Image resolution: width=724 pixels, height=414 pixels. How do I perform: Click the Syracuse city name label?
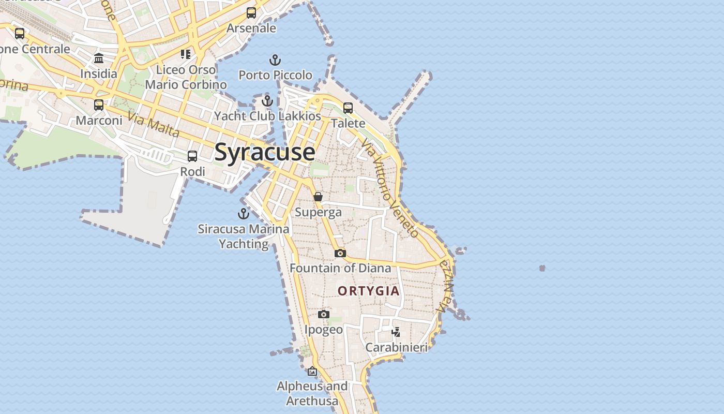pyautogui.click(x=264, y=152)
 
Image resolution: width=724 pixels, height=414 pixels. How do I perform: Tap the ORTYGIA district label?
pyautogui.click(x=369, y=291)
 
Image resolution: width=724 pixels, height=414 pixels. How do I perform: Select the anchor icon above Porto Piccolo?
pyautogui.click(x=275, y=60)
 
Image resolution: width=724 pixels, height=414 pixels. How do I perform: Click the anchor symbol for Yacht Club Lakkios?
pyautogui.click(x=267, y=101)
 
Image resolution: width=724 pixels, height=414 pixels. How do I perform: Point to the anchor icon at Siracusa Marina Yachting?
pyautogui.click(x=244, y=213)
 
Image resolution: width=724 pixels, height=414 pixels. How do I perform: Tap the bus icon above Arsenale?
pyautogui.click(x=251, y=13)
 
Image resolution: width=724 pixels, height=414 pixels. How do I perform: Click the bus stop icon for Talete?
pyautogui.click(x=348, y=108)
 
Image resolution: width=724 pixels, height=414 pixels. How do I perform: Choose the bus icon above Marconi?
pyautogui.click(x=99, y=105)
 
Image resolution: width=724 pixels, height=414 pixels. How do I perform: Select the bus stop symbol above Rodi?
pyautogui.click(x=192, y=156)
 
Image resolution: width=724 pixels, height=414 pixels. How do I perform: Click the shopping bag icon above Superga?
pyautogui.click(x=318, y=197)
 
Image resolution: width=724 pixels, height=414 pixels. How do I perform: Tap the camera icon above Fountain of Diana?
pyautogui.click(x=340, y=253)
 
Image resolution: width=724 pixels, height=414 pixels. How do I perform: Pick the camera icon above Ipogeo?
pyautogui.click(x=324, y=314)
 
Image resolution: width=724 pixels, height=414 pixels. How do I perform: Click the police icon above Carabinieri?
pyautogui.click(x=396, y=332)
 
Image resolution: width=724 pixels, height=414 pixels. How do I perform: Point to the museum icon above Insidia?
pyautogui.click(x=99, y=58)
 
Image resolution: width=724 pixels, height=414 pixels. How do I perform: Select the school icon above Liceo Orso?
pyautogui.click(x=186, y=54)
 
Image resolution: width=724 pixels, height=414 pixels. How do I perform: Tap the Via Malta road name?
pyautogui.click(x=154, y=125)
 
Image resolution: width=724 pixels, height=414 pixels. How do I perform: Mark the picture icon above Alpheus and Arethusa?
pyautogui.click(x=312, y=371)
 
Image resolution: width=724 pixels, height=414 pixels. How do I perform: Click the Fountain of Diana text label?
pyautogui.click(x=340, y=268)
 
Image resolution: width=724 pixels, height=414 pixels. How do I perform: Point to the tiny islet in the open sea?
pyautogui.click(x=542, y=268)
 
